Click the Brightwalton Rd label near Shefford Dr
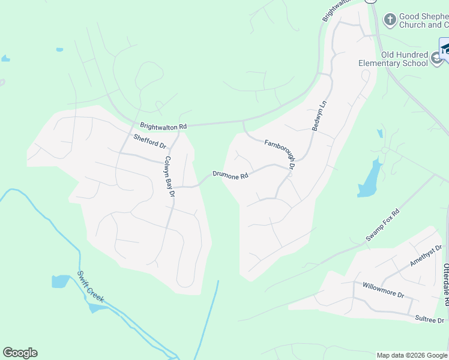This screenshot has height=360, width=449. [163, 127]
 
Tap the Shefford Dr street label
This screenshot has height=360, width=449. [149, 142]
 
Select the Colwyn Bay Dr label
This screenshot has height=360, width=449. [169, 177]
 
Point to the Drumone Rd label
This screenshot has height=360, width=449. [230, 176]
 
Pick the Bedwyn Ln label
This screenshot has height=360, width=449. [318, 115]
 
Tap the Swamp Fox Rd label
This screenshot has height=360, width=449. [382, 226]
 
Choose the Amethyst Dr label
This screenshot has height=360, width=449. [426, 256]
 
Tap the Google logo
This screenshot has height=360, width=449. [20, 353]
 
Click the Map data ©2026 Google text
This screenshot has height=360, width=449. [411, 355]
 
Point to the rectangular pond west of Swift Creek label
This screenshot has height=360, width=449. [61, 281]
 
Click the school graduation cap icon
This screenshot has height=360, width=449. [444, 49]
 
